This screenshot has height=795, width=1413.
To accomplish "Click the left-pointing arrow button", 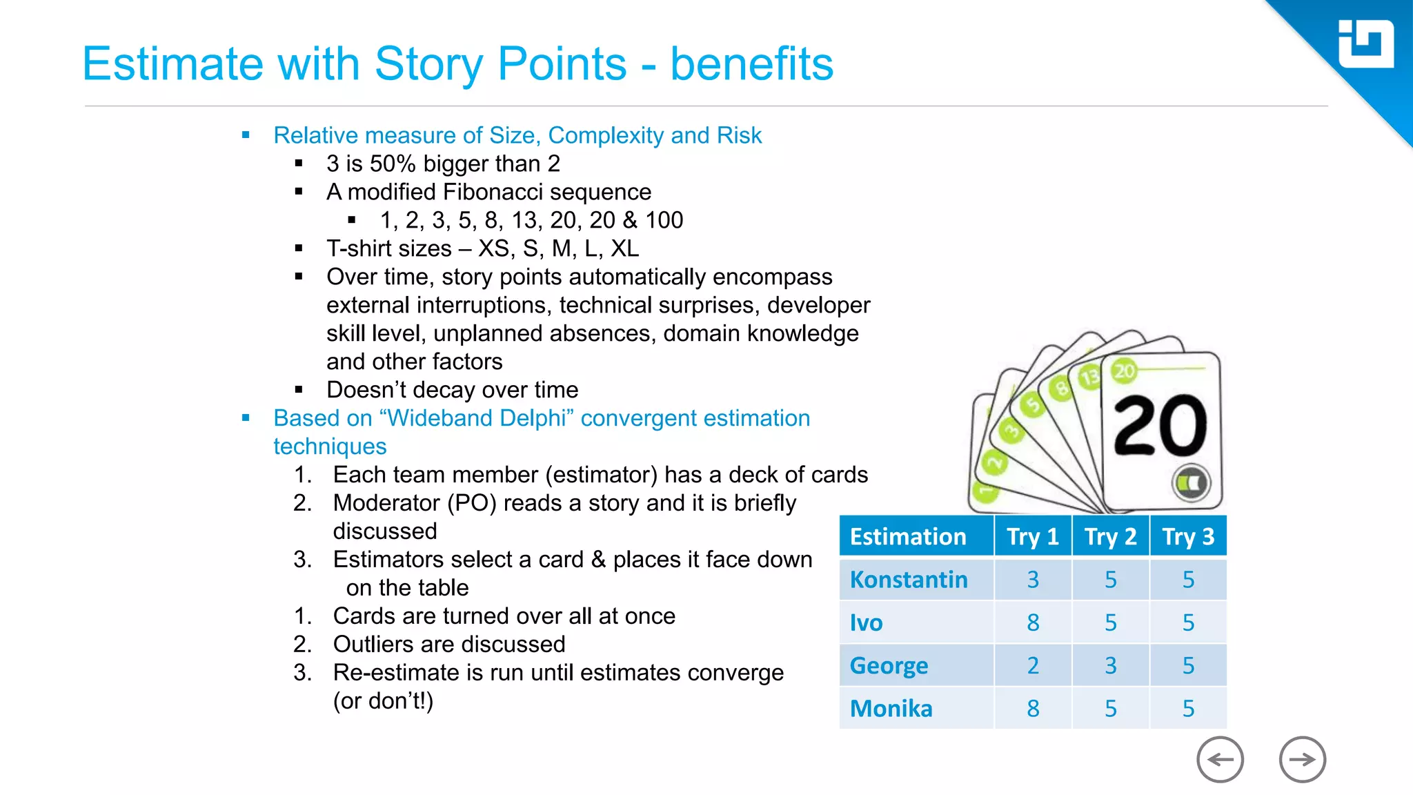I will tap(1220, 760).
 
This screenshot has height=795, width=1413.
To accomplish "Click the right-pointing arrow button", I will tap(1302, 760).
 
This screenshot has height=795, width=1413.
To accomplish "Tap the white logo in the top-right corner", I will tap(1365, 45).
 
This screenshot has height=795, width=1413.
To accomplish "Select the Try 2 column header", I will tap(1110, 536).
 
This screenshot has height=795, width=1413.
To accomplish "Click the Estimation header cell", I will tap(908, 536).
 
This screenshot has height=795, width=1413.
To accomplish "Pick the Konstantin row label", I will tap(909, 580).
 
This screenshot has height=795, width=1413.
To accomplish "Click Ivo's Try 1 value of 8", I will tap(1033, 622).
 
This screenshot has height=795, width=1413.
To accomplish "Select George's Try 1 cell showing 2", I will tap(1033, 665).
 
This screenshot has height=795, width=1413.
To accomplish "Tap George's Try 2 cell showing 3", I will tap(1110, 665).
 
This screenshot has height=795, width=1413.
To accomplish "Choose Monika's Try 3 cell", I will tap(1188, 709).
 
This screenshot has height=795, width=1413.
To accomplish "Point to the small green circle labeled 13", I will tap(1089, 377).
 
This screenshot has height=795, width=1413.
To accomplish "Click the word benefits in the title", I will tap(751, 63).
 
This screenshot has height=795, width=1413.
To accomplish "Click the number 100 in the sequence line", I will tap(664, 220).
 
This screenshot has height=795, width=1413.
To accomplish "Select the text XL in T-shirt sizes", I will tap(625, 248).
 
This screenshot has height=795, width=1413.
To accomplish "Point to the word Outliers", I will tap(373, 645).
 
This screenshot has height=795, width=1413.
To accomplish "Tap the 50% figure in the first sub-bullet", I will tap(393, 164).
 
